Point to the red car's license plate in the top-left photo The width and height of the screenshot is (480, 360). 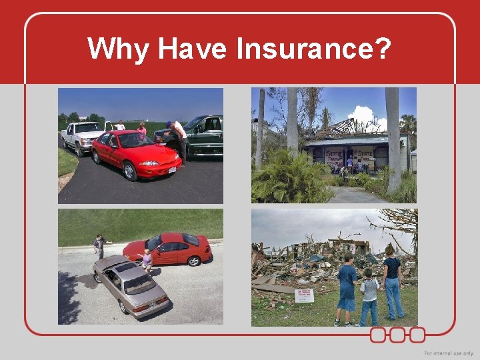tap(172, 171)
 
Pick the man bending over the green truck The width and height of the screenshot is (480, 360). tap(179, 138)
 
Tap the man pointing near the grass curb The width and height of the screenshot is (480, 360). tap(100, 246)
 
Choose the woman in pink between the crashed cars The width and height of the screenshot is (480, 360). tap(147, 260)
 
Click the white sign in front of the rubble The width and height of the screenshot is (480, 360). tap(304, 295)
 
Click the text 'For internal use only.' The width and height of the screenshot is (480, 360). tap(449, 353)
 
